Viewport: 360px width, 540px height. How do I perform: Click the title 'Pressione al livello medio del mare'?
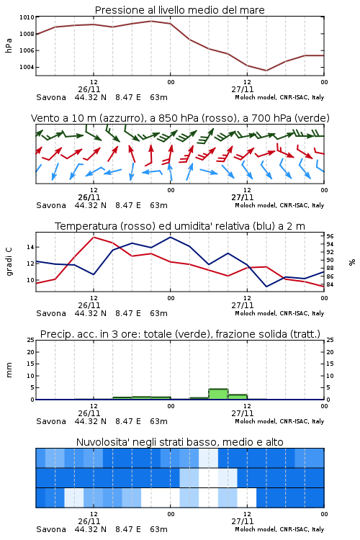pos(179,10)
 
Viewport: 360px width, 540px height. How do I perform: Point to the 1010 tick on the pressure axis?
pos(27,17)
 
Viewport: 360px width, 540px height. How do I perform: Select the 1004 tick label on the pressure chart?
pos(27,67)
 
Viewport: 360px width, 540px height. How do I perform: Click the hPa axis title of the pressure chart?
pos(9,45)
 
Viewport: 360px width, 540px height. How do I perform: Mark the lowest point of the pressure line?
pos(266,71)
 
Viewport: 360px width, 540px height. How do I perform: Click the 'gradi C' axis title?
pos(9,261)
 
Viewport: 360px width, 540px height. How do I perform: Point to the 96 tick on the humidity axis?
pos(330,236)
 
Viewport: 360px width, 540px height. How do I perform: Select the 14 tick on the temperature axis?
pos(30,247)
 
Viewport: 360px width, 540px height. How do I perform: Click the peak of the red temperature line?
pos(94,237)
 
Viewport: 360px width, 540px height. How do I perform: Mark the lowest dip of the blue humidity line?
pos(266,287)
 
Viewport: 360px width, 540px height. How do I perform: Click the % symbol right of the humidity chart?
pos(352,262)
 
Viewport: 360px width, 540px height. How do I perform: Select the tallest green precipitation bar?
pos(218,395)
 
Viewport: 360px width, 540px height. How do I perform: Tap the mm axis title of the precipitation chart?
pos(9,370)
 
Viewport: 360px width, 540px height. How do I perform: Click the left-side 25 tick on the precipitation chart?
pos(30,340)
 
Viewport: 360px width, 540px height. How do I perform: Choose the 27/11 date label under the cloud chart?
pos(243,521)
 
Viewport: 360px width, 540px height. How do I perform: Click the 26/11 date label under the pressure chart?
pos(89,89)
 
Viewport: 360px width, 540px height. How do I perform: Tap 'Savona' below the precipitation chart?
pos(51,421)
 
